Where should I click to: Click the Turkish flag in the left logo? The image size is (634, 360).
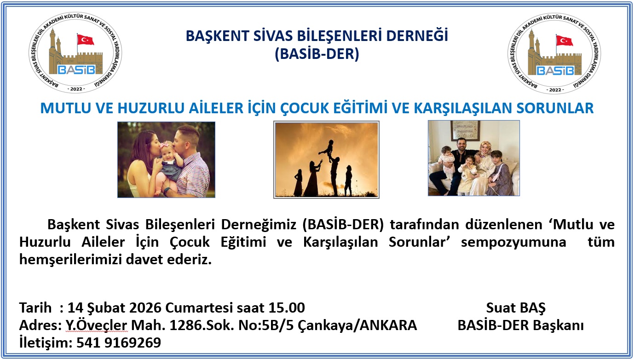tap(86, 40)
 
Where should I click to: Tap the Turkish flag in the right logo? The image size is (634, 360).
tap(565, 41)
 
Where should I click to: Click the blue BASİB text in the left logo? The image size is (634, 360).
tap(76, 70)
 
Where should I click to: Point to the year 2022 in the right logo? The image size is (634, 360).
tap(555, 90)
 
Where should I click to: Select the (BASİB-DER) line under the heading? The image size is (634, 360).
tap(317, 54)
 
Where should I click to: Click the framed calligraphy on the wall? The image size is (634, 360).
tap(465, 131)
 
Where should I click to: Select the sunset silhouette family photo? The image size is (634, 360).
tap(326, 160)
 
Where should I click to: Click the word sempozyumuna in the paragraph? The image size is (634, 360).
tap(513, 242)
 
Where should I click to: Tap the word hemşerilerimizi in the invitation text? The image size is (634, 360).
tap(70, 260)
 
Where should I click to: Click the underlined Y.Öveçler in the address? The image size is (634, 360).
tap(97, 325)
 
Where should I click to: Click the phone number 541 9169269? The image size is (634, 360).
tap(119, 343)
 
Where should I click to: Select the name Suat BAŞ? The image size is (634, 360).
tap(516, 308)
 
